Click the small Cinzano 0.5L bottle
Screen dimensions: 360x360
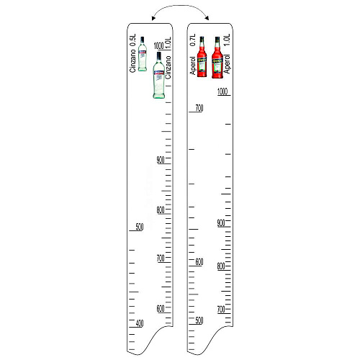click(143, 54)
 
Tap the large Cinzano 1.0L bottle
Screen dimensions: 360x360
click(159, 75)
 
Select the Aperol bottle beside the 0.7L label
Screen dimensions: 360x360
click(202, 57)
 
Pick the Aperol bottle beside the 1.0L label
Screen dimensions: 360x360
click(217, 58)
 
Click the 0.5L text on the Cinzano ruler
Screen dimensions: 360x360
click(132, 40)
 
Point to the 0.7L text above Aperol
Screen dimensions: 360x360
click(192, 40)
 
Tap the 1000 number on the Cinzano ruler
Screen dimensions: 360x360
click(158, 45)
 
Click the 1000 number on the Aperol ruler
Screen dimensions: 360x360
click(222, 91)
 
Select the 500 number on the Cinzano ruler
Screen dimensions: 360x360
click(140, 227)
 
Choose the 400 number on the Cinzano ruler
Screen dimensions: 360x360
click(140, 323)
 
